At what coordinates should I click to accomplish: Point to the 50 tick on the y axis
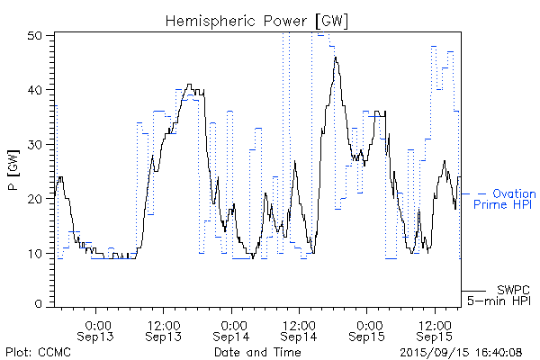[37, 35]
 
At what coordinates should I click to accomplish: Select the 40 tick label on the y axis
[37, 90]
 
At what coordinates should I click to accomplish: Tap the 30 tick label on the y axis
[37, 144]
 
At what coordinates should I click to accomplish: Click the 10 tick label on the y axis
[37, 253]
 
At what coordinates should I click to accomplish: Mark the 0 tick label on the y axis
[40, 305]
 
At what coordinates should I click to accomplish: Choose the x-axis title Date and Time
[256, 353]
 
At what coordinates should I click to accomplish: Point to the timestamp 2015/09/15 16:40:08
[461, 353]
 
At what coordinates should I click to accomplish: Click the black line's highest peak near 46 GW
[336, 58]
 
